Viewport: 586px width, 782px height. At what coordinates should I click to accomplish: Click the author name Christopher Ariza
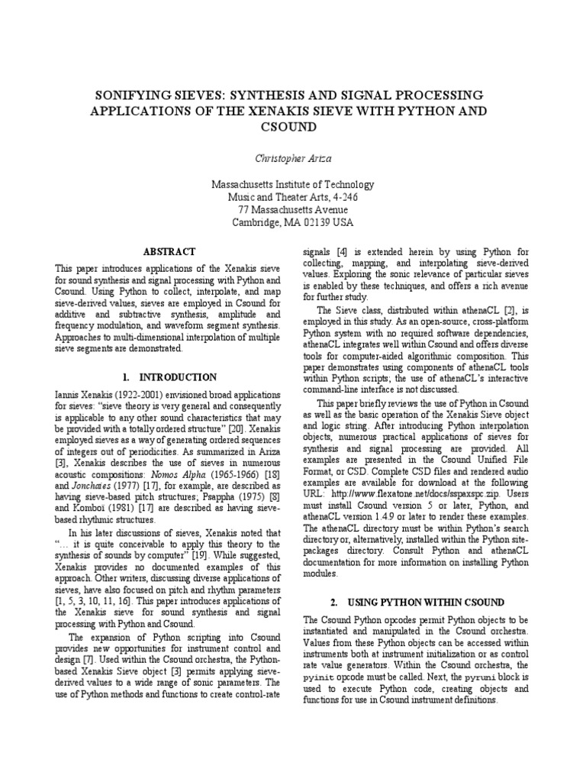point(293,157)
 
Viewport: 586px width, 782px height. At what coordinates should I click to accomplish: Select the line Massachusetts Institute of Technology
point(293,184)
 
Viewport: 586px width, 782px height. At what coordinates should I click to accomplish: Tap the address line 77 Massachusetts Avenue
point(293,209)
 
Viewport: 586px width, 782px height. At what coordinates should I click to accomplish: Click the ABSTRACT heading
point(169,251)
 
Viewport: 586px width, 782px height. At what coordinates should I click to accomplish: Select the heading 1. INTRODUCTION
point(169,377)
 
